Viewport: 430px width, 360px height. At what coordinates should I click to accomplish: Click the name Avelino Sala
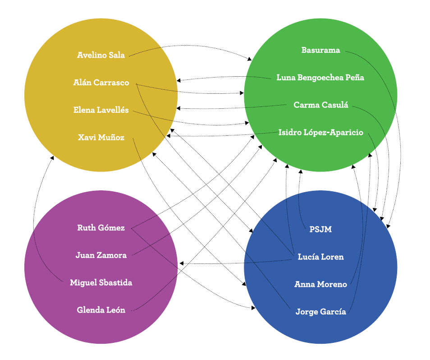click(x=101, y=55)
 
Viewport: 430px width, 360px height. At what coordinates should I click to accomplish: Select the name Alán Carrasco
click(x=101, y=83)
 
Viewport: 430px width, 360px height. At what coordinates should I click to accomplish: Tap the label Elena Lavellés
click(x=101, y=110)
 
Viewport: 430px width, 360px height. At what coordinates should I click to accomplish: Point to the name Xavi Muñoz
click(x=101, y=138)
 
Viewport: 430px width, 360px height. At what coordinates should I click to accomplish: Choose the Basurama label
click(x=320, y=50)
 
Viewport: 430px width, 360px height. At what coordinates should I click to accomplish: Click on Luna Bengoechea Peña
click(x=320, y=78)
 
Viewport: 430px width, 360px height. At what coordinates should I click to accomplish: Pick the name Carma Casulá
click(x=320, y=105)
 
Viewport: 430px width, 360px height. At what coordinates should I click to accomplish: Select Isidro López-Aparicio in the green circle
click(x=320, y=133)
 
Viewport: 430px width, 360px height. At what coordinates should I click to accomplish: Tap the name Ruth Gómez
click(x=101, y=228)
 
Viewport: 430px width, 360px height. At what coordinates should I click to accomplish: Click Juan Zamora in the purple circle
click(x=101, y=255)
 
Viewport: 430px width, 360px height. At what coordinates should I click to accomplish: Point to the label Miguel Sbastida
click(x=101, y=283)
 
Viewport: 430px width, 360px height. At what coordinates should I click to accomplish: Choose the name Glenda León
click(x=101, y=310)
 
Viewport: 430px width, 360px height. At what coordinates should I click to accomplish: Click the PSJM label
click(x=320, y=229)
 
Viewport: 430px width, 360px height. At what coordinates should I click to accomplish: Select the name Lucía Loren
click(x=320, y=257)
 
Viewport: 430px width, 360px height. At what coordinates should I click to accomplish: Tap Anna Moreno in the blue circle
click(x=320, y=284)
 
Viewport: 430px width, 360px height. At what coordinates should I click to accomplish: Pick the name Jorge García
click(x=320, y=312)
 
